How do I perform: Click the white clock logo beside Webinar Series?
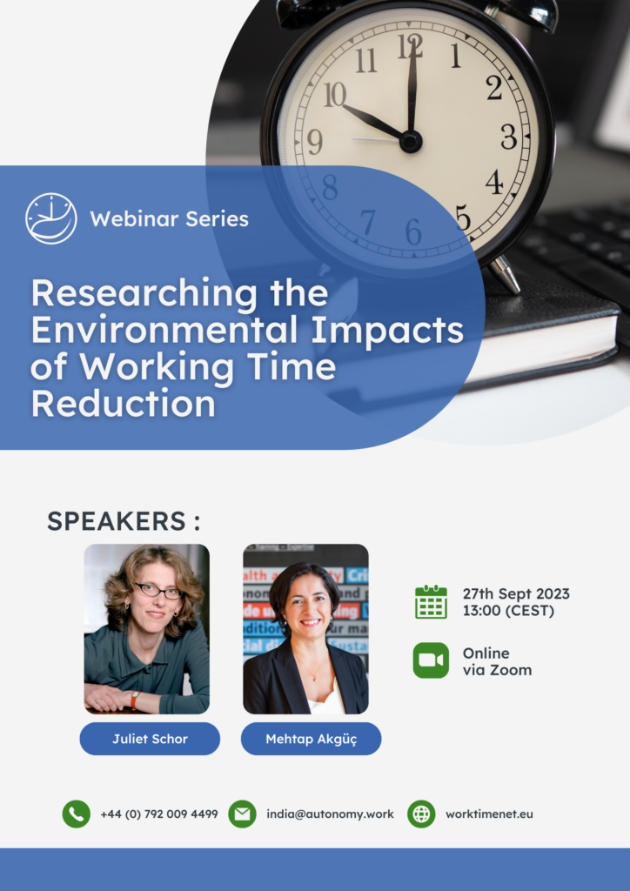click(x=51, y=218)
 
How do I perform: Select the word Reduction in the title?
click(x=124, y=404)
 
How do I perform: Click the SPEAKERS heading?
click(x=124, y=521)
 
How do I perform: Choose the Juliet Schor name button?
click(x=150, y=739)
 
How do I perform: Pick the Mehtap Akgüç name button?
click(x=312, y=739)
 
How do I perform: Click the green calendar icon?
click(x=432, y=602)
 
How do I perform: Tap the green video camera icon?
click(x=432, y=660)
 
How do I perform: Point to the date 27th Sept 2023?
click(x=516, y=593)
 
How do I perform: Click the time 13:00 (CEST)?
click(x=508, y=611)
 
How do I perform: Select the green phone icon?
click(x=76, y=814)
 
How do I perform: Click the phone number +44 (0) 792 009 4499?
click(x=159, y=814)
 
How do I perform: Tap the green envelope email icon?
click(x=242, y=814)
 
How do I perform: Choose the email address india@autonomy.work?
click(x=330, y=814)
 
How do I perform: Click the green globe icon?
click(x=421, y=814)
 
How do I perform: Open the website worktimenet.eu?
click(x=489, y=814)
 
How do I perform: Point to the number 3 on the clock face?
click(x=509, y=137)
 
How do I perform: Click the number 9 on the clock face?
click(x=315, y=142)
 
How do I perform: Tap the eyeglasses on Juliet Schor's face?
click(x=157, y=591)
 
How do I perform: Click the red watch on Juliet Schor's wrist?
click(x=135, y=700)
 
